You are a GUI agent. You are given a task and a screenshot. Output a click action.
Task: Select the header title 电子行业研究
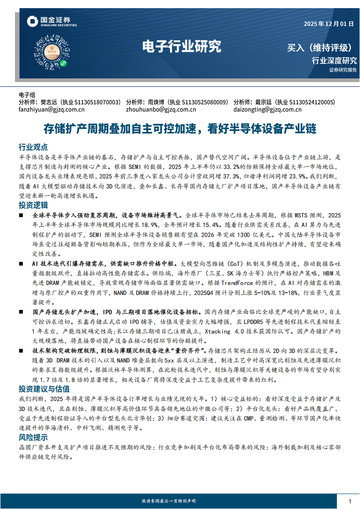181,45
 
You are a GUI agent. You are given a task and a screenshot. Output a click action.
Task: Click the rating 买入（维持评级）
320,47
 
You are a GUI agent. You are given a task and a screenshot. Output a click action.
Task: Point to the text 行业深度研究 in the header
334,61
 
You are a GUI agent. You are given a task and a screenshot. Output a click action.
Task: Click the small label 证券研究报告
343,70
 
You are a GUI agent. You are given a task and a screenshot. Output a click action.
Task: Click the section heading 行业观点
33,147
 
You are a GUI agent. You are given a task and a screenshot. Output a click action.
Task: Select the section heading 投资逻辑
33,205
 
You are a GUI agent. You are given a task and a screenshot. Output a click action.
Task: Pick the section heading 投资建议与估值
44,388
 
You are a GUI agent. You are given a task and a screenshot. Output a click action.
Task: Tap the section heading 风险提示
33,437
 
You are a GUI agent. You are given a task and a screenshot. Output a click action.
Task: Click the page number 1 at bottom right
350,501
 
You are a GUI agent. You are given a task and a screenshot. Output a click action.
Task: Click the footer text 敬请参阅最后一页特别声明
169,501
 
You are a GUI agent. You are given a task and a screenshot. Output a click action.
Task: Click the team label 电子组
27,95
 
